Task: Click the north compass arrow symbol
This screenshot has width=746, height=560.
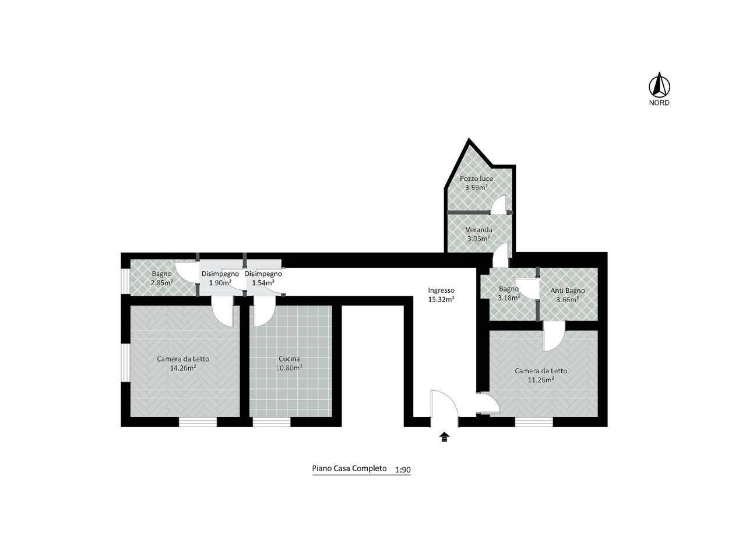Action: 659,85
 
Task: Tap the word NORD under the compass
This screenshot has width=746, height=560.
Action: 659,103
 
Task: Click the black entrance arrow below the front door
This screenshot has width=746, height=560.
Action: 444,437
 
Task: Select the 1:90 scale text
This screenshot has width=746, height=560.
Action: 403,470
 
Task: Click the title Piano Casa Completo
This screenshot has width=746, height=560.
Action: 349,468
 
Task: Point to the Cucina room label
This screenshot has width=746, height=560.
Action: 289,359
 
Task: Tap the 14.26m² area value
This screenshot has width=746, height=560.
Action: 183,367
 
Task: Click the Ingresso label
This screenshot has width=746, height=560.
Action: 441,290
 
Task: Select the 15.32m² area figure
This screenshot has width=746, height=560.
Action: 441,300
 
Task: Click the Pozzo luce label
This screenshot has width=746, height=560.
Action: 476,178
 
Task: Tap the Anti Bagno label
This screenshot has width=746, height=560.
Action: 568,290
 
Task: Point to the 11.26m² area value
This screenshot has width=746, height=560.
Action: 541,380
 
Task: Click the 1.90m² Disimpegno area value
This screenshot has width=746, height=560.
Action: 220,282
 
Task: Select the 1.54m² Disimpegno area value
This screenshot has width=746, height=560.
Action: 263,282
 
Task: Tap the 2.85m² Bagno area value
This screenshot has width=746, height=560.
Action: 162,282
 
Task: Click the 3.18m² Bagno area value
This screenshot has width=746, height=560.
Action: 509,298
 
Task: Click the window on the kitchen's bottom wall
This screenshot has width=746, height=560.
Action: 272,422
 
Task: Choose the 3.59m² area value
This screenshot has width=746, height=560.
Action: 477,187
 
